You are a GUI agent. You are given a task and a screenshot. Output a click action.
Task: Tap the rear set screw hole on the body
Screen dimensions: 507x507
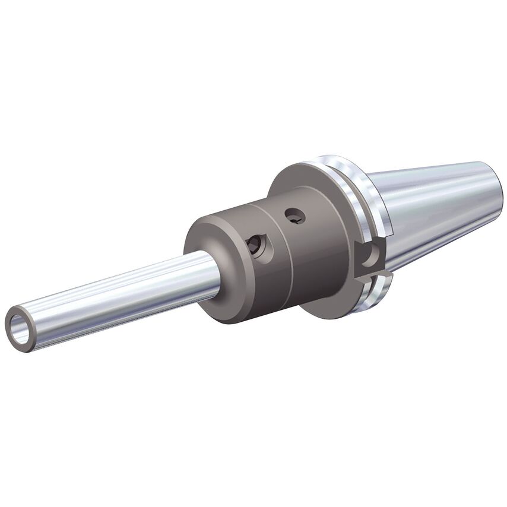(295, 217)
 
